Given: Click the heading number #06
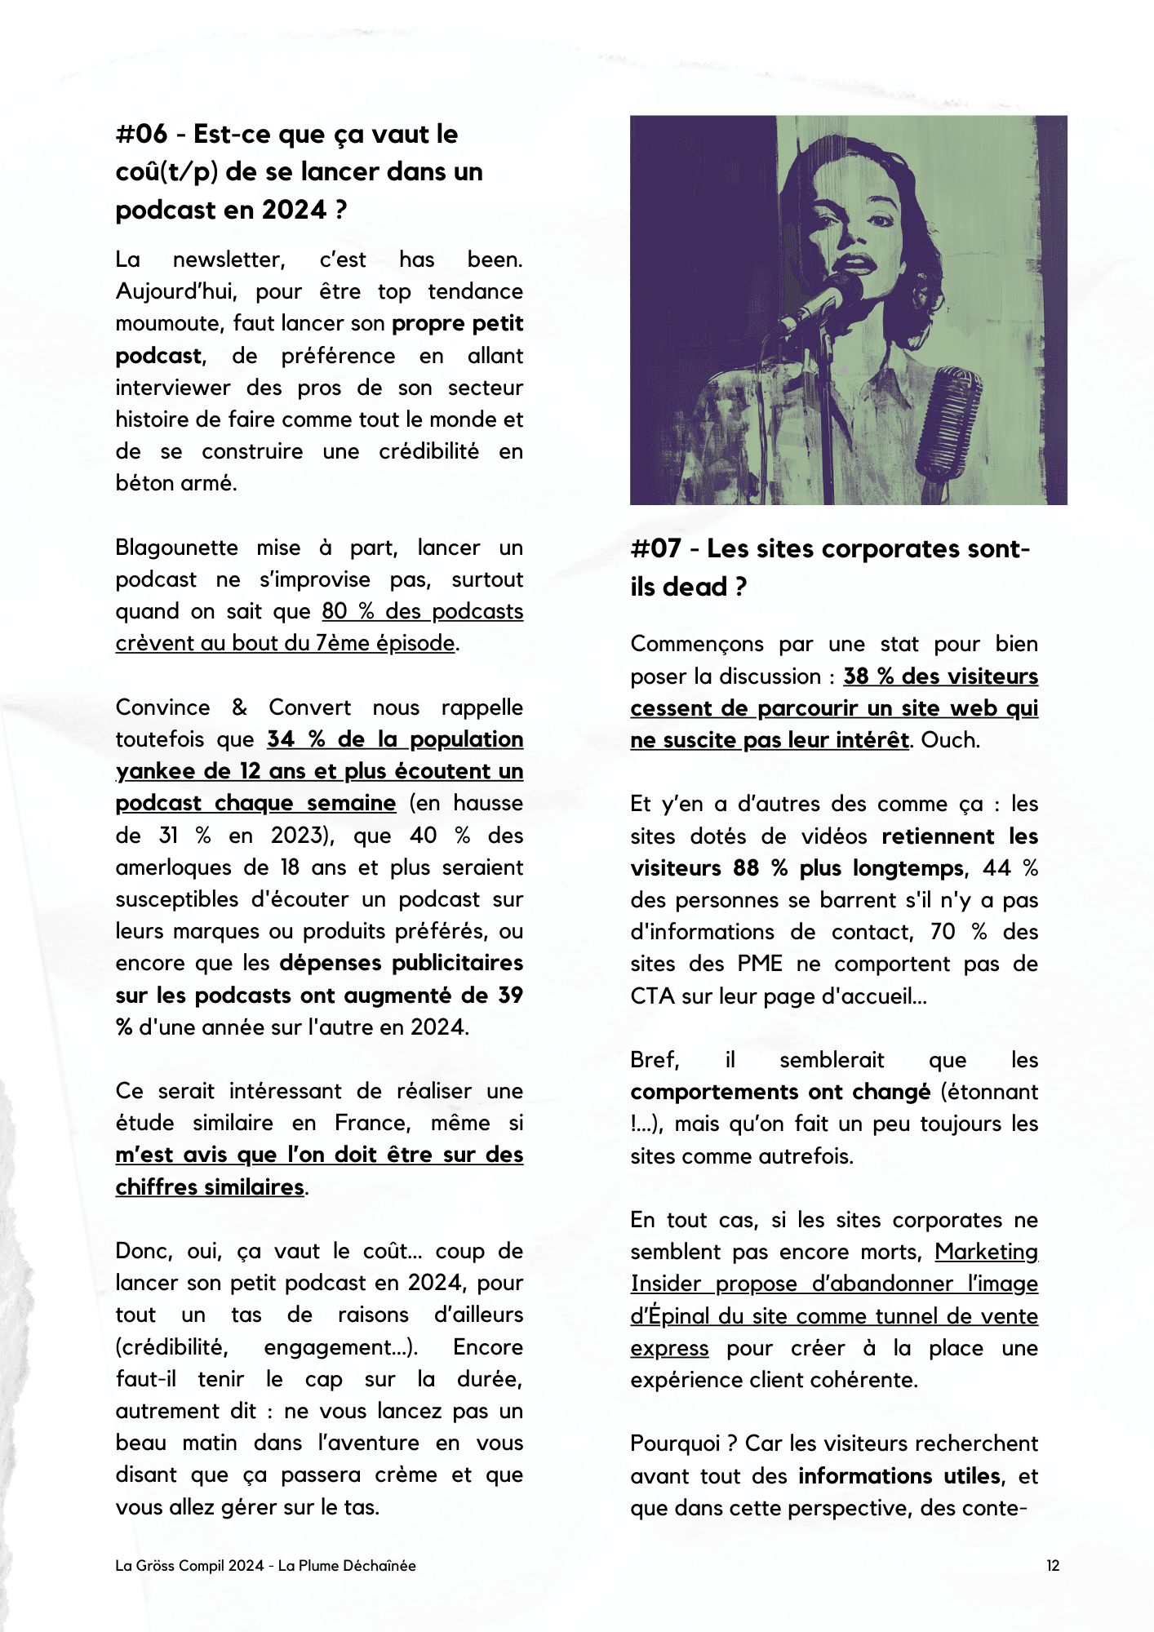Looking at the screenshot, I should tap(141, 134).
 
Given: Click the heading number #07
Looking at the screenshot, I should tap(655, 548).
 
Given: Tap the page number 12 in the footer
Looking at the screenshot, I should tap(1053, 1565).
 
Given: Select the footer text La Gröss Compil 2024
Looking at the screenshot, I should tap(189, 1565).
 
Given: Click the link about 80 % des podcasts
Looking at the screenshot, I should tap(422, 611).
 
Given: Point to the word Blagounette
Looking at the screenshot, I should tap(176, 548).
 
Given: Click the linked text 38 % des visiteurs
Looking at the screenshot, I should tap(940, 676).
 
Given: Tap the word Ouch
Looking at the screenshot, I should tap(948, 739).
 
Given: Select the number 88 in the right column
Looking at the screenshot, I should tap(746, 867).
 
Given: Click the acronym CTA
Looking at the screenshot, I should tap(652, 996).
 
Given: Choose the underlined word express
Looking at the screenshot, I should tap(669, 1347).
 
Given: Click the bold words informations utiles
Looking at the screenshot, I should tap(899, 1475).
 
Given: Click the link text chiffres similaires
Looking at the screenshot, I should tap(210, 1186).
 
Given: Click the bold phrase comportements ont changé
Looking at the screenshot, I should tap(780, 1092).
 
